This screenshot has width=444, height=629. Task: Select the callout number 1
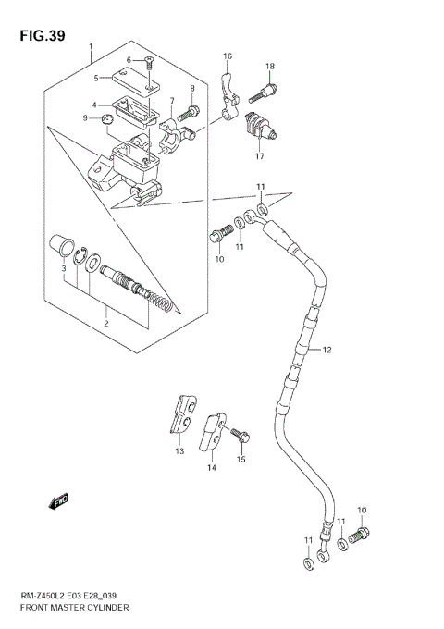point(91,47)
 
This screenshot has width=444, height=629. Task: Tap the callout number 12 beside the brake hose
point(326,351)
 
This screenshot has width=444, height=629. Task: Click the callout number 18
point(270,66)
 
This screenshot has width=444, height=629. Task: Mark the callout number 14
point(211,468)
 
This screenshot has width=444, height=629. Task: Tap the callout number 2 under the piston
point(105,323)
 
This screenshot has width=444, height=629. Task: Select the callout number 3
point(63,269)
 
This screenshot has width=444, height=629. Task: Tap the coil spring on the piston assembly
point(161,302)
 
